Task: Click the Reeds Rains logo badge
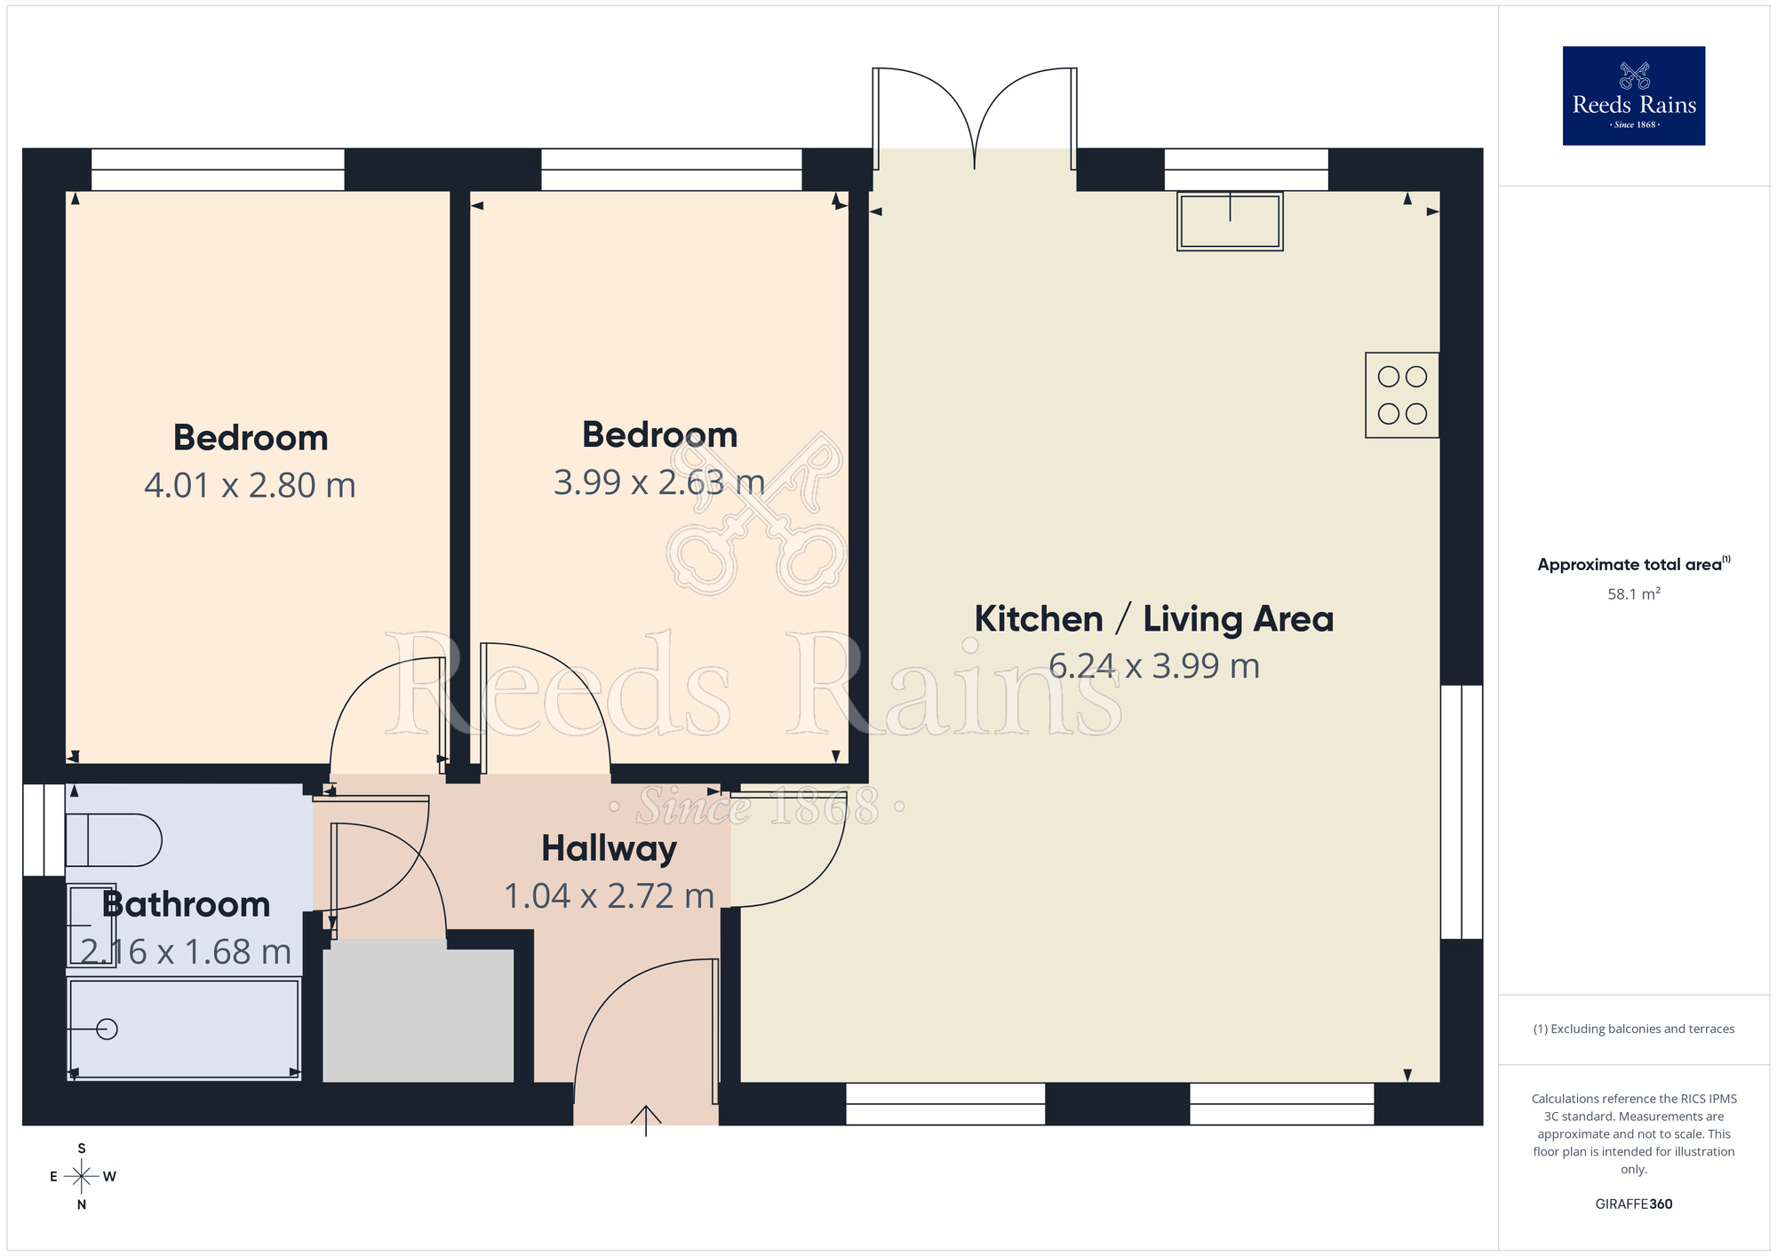(1633, 95)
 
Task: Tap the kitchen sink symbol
(1230, 221)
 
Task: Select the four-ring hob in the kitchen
(1402, 395)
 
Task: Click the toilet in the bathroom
(113, 839)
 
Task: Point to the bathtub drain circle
(108, 1029)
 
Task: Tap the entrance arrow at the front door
(646, 1119)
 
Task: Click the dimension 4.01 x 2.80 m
(250, 486)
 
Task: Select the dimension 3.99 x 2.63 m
(658, 482)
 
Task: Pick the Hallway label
(609, 848)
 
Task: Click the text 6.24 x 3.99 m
(1153, 666)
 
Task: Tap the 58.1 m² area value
(1633, 594)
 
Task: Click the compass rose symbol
(82, 1177)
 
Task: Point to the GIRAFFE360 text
(1633, 1204)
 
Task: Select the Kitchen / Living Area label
(1153, 619)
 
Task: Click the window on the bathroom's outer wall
(43, 830)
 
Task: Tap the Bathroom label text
(186, 904)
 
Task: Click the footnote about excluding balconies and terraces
(1633, 1029)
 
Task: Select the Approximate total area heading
(1633, 565)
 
